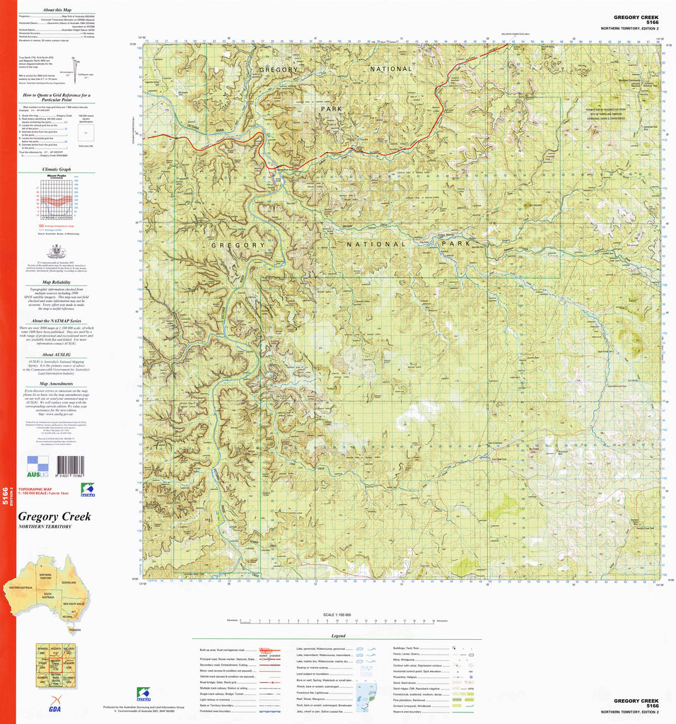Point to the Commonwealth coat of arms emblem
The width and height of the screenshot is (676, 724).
[x=57, y=251]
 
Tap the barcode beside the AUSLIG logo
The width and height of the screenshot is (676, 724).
[x=69, y=464]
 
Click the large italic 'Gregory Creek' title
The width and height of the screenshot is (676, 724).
[x=54, y=517]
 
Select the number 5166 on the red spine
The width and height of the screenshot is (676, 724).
[x=6, y=498]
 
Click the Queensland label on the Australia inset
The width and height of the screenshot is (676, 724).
[x=69, y=582]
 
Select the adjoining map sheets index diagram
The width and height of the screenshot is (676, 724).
[x=55, y=665]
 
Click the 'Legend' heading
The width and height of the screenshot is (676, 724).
[x=337, y=636]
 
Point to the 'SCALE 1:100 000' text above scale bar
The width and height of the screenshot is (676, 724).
[x=337, y=614]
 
